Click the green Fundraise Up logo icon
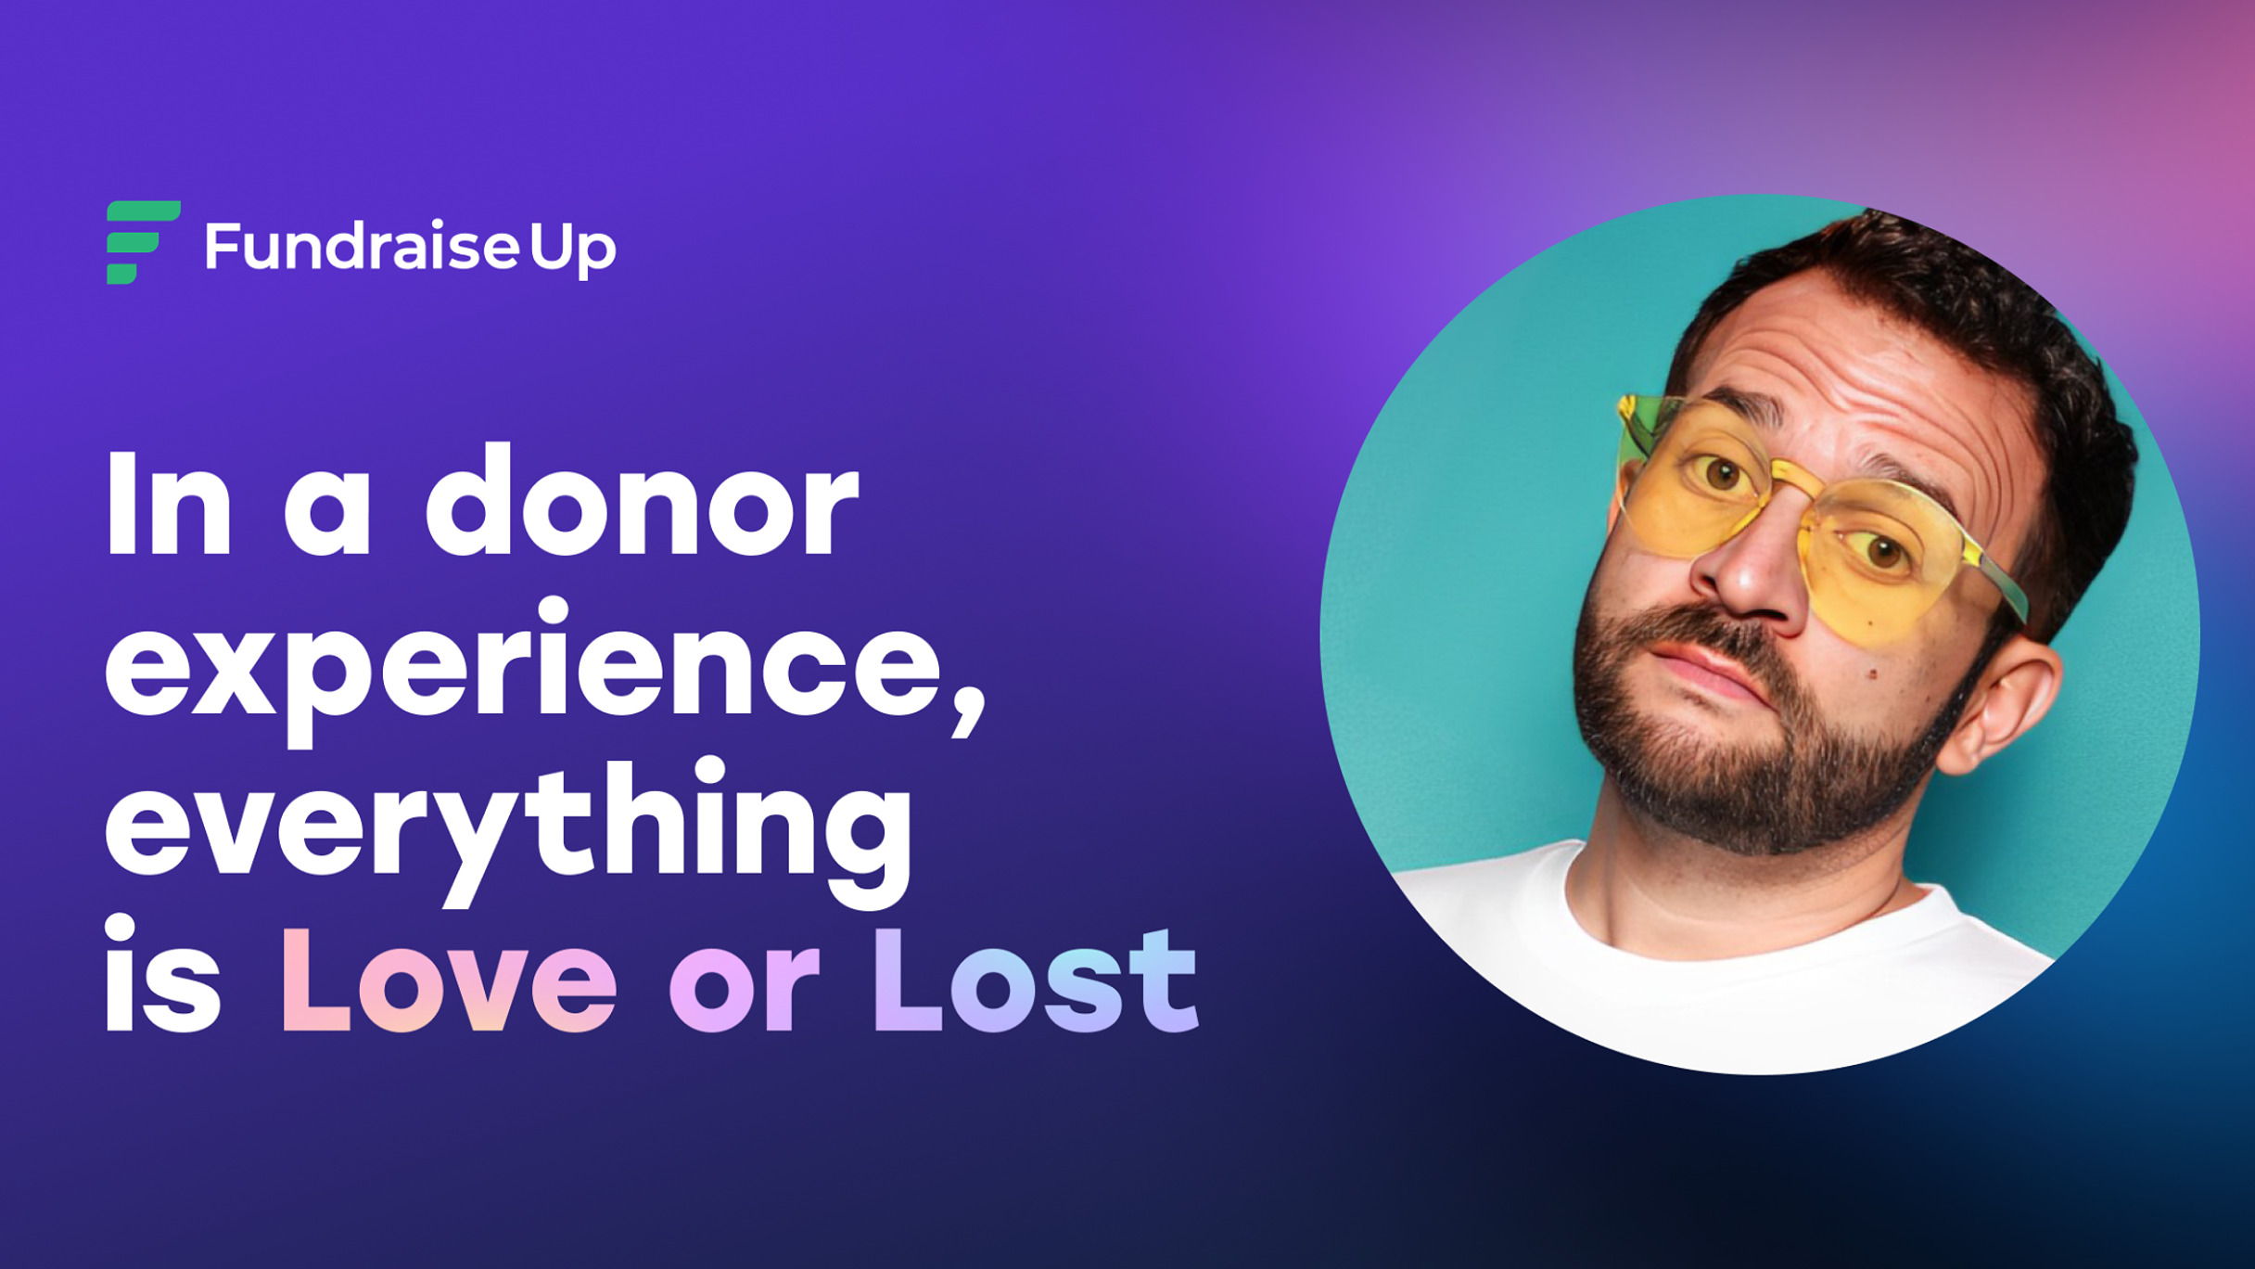(143, 242)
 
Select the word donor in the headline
(642, 500)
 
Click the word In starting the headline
(168, 504)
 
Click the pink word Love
(449, 981)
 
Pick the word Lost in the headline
(1036, 981)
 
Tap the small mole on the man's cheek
(1873, 674)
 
